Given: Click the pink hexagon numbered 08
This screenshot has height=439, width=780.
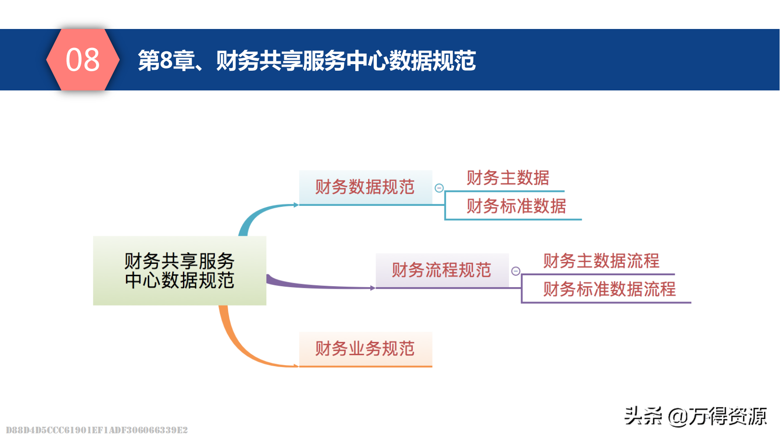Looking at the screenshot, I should tap(82, 60).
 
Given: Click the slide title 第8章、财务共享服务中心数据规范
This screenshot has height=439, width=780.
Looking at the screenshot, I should tap(307, 61).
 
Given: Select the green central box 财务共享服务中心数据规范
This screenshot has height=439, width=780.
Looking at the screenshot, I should tap(179, 270).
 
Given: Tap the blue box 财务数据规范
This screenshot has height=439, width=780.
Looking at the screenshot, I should tap(365, 187).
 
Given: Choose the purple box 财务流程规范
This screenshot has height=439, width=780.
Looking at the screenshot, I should tap(441, 270).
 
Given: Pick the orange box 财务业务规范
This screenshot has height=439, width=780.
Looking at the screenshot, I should tap(365, 349).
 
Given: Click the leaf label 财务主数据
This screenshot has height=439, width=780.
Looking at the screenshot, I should tap(508, 178).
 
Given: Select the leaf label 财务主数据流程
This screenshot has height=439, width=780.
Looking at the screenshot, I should tap(601, 261).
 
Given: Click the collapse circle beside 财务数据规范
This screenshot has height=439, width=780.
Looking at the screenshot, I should tap(439, 188).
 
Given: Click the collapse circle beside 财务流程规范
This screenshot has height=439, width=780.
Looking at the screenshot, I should tap(516, 271).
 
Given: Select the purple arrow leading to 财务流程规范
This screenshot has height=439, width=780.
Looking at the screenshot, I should tap(316, 285).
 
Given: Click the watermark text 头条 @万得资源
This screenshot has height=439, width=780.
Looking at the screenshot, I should tap(695, 416).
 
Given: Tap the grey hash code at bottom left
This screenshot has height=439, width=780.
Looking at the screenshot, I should tap(97, 430).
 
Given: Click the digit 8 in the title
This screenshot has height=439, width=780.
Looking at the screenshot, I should tap(166, 61).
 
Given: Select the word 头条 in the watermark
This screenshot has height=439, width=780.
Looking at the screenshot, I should tap(643, 416).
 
